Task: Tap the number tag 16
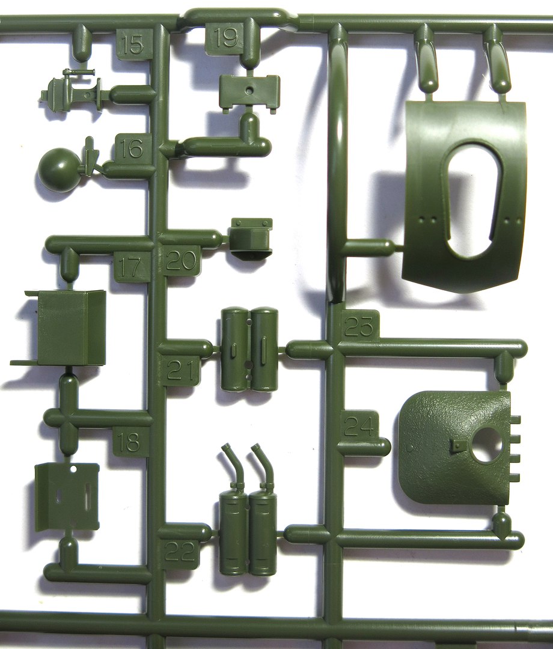click(x=132, y=148)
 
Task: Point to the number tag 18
click(x=131, y=442)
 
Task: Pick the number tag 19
click(x=227, y=37)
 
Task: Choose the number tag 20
click(x=182, y=260)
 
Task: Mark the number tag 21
click(x=181, y=370)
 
